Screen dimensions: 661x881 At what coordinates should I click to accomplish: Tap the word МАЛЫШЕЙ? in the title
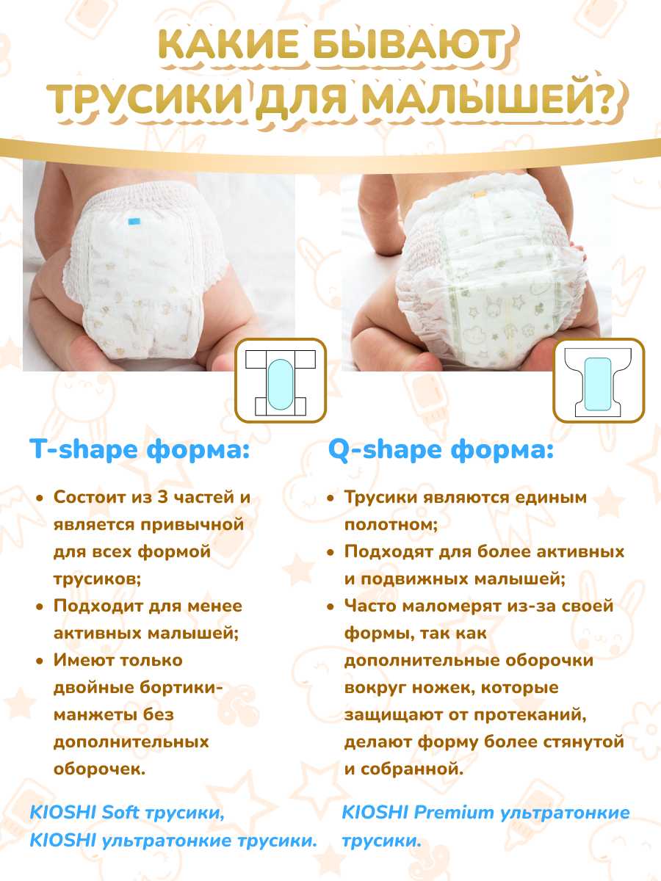(x=488, y=98)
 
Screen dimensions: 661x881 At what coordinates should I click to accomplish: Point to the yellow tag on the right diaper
(x=479, y=195)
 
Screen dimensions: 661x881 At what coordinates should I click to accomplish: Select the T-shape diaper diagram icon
(x=281, y=380)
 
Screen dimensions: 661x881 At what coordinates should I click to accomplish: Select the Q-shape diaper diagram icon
(x=599, y=380)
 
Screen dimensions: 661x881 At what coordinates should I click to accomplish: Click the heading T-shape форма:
(x=140, y=449)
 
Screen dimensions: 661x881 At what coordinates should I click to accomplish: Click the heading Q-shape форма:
(x=441, y=449)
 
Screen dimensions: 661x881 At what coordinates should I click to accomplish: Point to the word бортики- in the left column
(x=181, y=687)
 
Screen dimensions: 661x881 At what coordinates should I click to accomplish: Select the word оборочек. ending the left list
(x=99, y=769)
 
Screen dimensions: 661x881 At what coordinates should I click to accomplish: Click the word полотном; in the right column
(x=391, y=525)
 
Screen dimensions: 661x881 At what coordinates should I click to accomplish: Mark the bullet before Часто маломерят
(x=330, y=606)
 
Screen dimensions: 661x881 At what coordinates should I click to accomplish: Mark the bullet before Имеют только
(x=40, y=661)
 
